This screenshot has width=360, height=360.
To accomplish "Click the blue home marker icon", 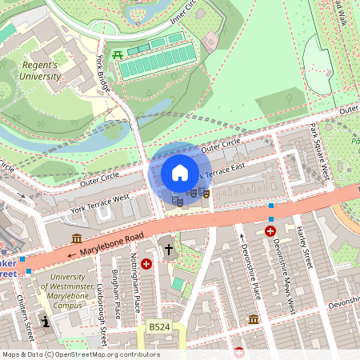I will (x=179, y=173).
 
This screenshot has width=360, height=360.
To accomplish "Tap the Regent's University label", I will (x=40, y=70).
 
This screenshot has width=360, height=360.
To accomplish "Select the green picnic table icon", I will (x=118, y=54).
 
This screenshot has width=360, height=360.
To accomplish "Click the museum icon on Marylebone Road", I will (x=77, y=239).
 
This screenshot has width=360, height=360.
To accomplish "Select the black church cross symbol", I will (x=169, y=250).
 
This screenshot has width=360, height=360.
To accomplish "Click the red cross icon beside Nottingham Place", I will (x=146, y=263).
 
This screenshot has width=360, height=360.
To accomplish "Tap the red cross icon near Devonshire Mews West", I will (x=270, y=231).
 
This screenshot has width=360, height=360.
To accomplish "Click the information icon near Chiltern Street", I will (x=46, y=321).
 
